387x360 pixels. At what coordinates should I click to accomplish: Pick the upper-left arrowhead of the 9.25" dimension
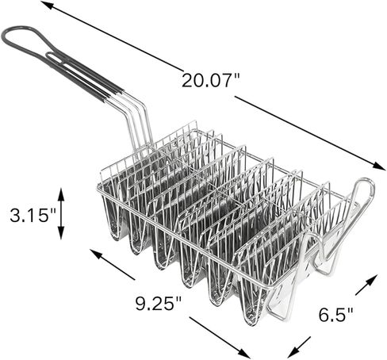93,253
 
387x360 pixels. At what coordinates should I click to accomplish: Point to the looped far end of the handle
11,35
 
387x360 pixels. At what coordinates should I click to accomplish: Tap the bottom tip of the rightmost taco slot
252,317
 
